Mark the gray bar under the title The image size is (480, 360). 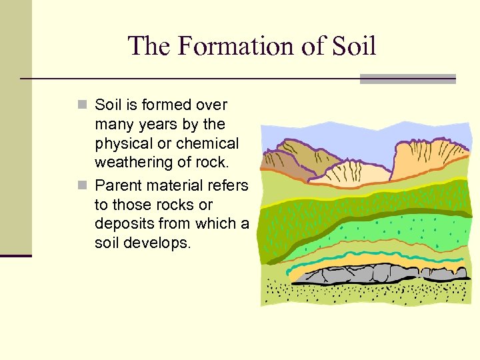pos(407,79)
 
